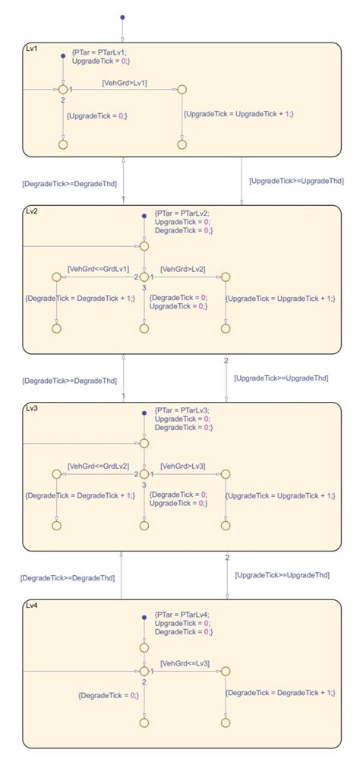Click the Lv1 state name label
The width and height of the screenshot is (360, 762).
pos(32,48)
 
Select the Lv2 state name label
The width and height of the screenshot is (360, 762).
pos(32,210)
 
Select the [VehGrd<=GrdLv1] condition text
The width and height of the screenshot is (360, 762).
pos(98,269)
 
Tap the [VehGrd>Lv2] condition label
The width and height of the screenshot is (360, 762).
pos(182,269)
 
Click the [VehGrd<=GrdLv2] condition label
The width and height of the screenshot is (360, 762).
pos(98,465)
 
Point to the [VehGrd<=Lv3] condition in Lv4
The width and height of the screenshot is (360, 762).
pos(185,663)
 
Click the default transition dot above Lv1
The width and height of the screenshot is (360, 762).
pos(122,17)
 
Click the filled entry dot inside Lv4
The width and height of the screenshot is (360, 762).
pos(144,617)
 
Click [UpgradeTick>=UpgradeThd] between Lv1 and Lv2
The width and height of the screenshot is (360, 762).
pos(296,181)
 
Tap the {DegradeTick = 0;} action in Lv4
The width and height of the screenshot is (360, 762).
pos(109,694)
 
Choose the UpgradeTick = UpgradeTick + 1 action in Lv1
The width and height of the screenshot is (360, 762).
pos(238,113)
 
